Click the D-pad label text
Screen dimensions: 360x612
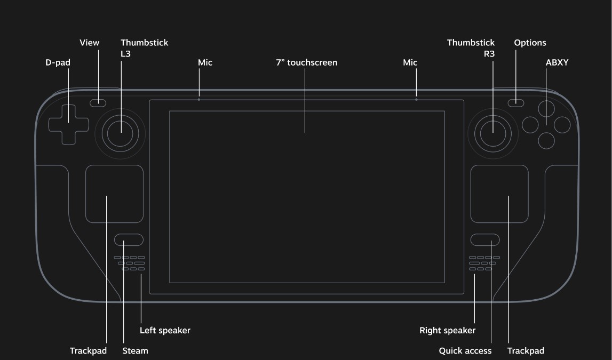[x=58, y=62]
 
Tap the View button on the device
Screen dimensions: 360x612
[x=98, y=103]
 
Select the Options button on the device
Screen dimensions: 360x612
[x=515, y=103]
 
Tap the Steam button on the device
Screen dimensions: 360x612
[x=129, y=239]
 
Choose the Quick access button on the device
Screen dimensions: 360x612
[x=485, y=239]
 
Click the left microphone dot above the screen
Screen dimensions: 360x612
[x=199, y=99]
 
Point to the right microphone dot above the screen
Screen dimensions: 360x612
[x=416, y=99]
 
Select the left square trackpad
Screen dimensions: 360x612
[x=114, y=194]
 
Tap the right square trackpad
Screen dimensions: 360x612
[x=499, y=194]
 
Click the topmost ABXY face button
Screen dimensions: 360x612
[x=546, y=109]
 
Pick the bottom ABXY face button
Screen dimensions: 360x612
[x=546, y=141]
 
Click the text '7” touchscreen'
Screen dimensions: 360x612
[x=306, y=62]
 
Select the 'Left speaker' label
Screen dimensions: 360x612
[x=165, y=330]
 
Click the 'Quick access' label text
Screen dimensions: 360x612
[x=465, y=350]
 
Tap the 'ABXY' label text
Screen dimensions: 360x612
[x=557, y=62]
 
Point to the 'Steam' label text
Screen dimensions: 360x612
[x=135, y=350]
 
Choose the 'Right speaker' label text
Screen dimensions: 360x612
[x=447, y=330]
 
